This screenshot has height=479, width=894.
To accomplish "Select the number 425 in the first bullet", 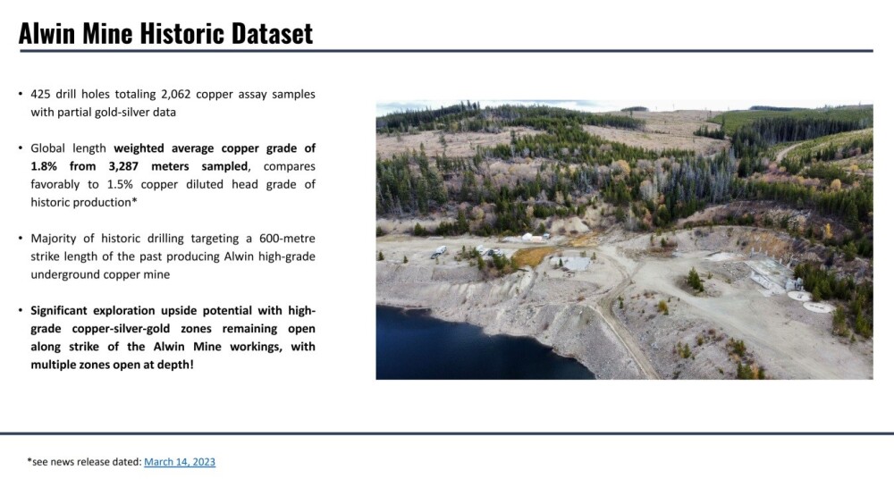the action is [x=40, y=94].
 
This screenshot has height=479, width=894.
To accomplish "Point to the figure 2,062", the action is [x=175, y=94].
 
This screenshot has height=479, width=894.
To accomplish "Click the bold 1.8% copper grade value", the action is [x=44, y=166].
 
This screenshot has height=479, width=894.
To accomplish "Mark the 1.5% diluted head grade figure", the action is [x=121, y=185].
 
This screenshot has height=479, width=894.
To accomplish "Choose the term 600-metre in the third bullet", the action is [x=287, y=239].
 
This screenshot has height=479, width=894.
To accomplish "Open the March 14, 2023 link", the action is [x=180, y=461].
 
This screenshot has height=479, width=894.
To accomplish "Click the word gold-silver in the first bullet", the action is [x=103, y=113].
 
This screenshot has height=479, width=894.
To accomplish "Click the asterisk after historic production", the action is [x=135, y=201].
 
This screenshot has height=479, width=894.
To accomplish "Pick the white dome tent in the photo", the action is [x=528, y=236].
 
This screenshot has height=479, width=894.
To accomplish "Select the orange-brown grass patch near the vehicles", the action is [x=531, y=256].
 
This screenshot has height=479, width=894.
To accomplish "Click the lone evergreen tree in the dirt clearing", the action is [x=695, y=280].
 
